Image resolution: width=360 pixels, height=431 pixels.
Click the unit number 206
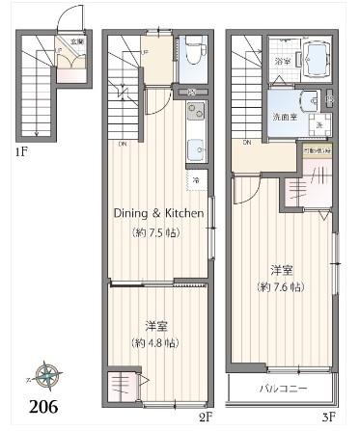point(42,406)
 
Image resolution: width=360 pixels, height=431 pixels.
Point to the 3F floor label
point(328,417)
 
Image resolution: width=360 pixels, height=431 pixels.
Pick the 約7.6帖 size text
point(282,286)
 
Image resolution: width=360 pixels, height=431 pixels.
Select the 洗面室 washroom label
point(283,117)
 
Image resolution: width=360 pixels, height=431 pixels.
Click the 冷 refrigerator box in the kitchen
point(194,180)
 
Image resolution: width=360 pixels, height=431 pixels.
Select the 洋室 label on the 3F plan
point(281,269)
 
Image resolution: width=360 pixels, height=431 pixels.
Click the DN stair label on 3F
point(248,142)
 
